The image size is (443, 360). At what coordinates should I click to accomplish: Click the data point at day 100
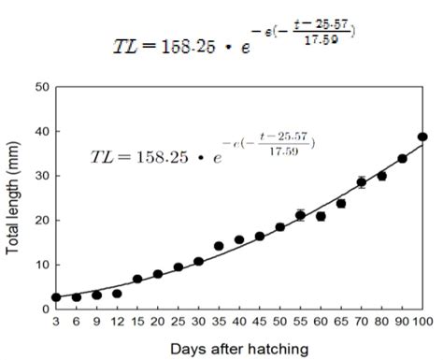(422, 137)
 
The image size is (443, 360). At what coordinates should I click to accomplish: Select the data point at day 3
(56, 296)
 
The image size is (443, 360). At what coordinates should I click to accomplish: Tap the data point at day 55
(300, 215)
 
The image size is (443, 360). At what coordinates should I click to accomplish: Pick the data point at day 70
(361, 182)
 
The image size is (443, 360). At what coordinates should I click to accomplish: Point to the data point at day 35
(219, 246)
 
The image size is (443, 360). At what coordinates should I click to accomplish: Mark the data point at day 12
(117, 293)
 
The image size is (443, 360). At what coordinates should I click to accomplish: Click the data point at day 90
(402, 158)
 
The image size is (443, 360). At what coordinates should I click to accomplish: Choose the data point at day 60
(321, 216)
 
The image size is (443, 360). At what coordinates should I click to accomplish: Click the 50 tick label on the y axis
(41, 87)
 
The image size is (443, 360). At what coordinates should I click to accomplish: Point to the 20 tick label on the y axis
(41, 220)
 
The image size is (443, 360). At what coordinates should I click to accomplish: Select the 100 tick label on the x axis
(421, 322)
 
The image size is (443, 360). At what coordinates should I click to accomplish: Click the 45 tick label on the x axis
(259, 322)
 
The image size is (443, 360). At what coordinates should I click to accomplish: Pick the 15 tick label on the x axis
(137, 322)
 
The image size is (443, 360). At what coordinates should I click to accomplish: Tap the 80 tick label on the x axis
(381, 322)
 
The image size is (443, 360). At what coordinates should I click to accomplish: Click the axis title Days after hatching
(238, 348)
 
